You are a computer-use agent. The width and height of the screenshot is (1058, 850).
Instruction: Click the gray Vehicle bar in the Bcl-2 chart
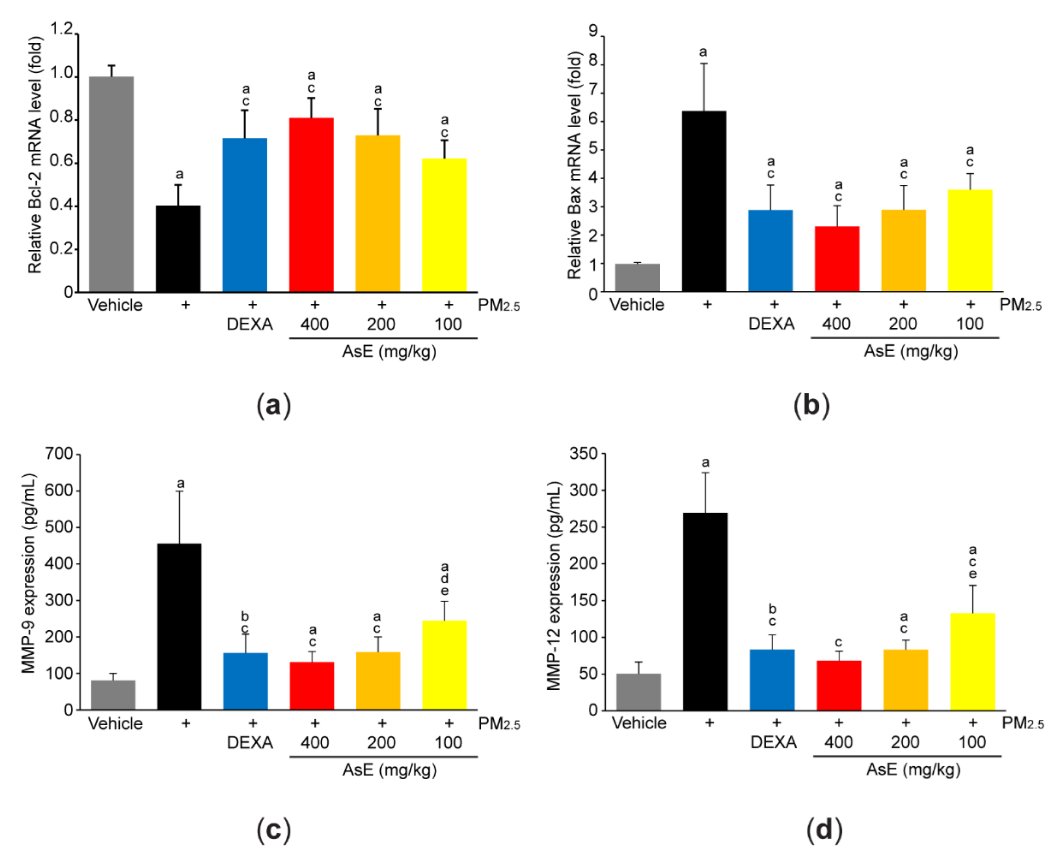click(111, 184)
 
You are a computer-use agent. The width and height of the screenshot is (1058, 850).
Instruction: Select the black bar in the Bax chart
click(704, 202)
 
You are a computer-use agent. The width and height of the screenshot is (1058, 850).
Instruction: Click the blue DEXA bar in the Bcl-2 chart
click(244, 215)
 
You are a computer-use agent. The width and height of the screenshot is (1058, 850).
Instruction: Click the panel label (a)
click(273, 406)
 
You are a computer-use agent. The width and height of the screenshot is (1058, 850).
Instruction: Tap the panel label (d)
click(824, 830)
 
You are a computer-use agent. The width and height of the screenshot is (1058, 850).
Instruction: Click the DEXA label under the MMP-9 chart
click(249, 742)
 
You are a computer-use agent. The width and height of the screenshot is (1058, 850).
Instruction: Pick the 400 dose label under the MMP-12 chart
click(838, 742)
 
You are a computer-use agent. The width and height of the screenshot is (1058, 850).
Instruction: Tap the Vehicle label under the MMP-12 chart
click(639, 723)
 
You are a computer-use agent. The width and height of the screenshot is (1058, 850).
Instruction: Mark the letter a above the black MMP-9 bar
click(180, 484)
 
